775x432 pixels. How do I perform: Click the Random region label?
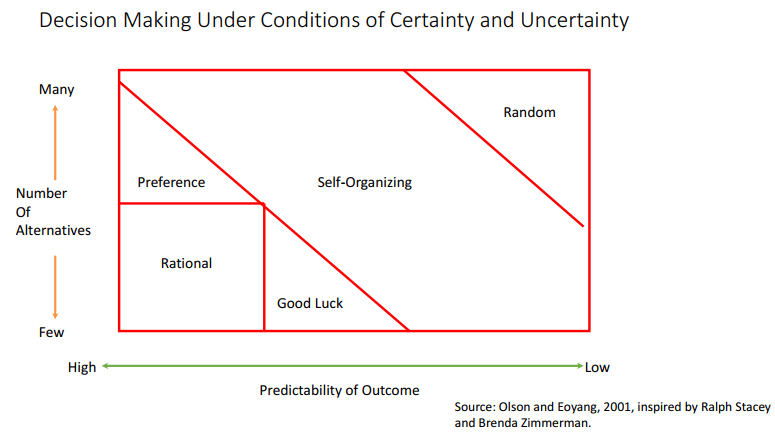click(529, 112)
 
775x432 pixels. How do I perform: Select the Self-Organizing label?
click(364, 183)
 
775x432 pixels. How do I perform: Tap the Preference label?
click(171, 182)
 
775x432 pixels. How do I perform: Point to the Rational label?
click(186, 263)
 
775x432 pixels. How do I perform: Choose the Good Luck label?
click(309, 303)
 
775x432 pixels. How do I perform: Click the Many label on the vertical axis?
click(56, 90)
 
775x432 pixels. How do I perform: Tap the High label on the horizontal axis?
click(82, 367)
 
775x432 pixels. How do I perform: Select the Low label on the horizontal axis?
click(597, 367)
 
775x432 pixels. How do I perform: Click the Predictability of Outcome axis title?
click(339, 390)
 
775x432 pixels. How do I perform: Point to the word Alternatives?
click(53, 230)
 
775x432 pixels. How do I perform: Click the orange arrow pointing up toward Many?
click(55, 140)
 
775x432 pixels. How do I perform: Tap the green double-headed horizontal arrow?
click(341, 366)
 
